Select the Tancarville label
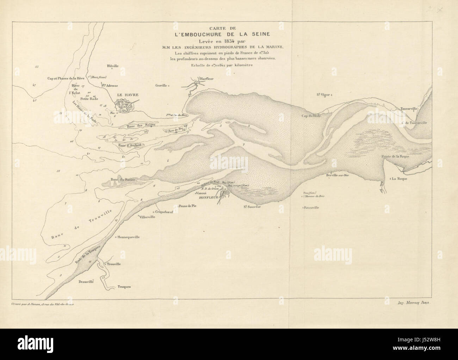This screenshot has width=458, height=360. (409, 109)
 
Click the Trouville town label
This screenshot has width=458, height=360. (114, 264)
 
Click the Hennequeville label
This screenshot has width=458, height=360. (129, 237)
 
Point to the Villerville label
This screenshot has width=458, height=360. (148, 217)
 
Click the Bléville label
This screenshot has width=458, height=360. (112, 66)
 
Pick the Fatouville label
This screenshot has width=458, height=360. (311, 208)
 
